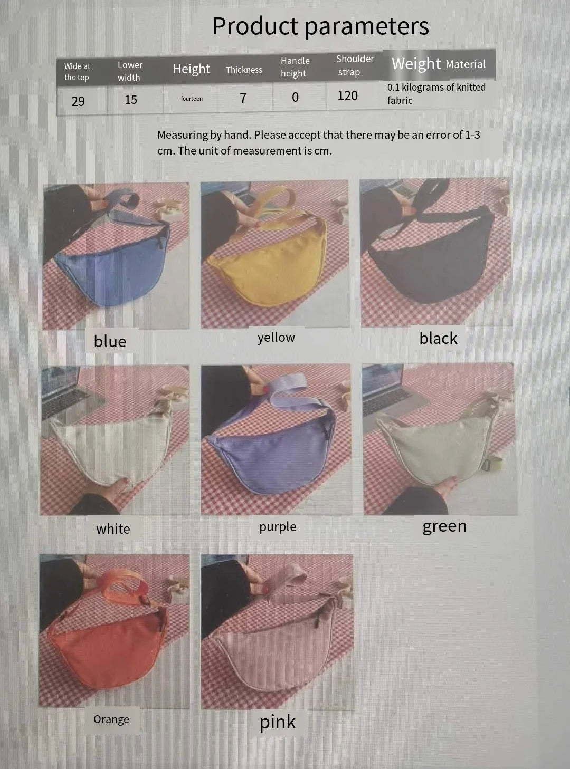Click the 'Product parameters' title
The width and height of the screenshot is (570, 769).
coord(320,26)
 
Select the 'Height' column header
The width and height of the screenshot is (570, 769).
coord(191,69)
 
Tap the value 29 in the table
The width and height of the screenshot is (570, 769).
coord(78,101)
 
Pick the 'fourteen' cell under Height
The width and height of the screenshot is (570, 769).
coord(192,99)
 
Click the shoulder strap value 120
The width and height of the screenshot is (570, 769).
coord(347,96)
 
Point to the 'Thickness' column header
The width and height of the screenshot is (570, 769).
coord(244,70)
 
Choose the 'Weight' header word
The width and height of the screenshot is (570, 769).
coord(416,64)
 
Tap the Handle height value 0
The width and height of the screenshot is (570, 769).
coord(295,97)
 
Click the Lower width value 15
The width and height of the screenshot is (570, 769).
coord(131,100)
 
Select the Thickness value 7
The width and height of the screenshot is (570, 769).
coord(243,98)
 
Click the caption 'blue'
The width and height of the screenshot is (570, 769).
coord(110,341)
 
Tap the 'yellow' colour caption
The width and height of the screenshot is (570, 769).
coord(276,338)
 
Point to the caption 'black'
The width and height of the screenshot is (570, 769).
coord(438,338)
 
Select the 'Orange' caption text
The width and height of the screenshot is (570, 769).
coord(111,719)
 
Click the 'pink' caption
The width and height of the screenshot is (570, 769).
coord(277,722)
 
